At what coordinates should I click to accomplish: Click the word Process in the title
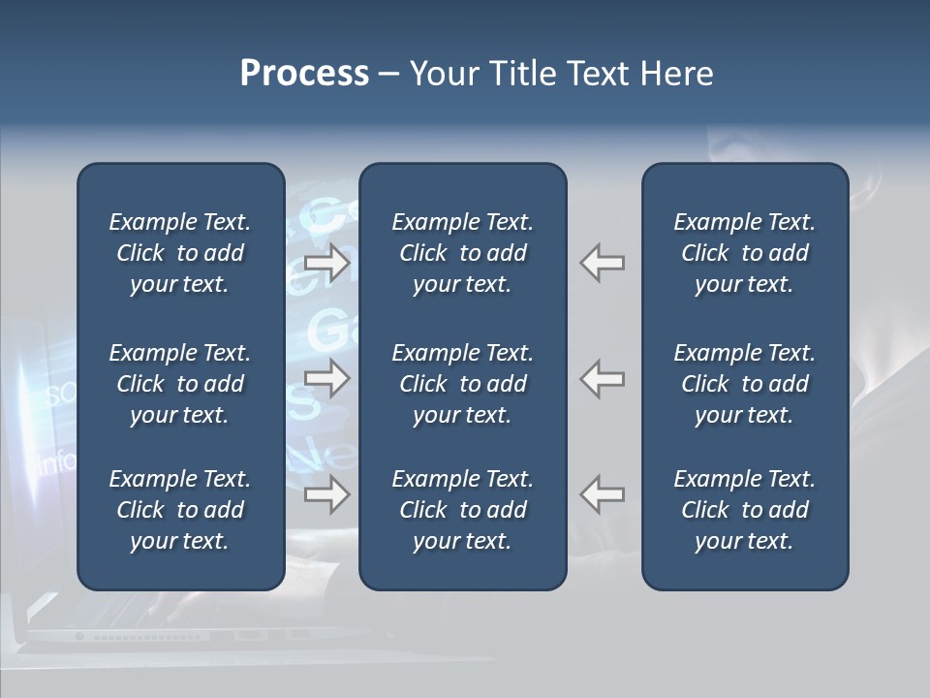click(304, 74)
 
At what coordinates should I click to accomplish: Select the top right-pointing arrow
click(327, 263)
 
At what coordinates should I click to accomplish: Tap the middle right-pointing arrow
click(327, 378)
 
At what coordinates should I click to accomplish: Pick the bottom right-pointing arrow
click(327, 494)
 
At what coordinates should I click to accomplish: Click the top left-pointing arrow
click(603, 263)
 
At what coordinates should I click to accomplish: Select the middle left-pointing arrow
click(603, 378)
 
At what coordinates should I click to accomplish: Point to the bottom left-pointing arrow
click(603, 494)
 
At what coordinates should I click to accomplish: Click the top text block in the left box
click(180, 253)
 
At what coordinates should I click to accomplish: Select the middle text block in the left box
click(180, 384)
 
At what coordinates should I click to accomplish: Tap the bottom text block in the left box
click(180, 510)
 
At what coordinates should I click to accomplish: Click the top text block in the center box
click(463, 253)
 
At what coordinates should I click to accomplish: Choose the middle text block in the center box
click(463, 384)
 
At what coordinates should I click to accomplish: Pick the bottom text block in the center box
click(463, 510)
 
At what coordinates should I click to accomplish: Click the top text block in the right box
click(745, 253)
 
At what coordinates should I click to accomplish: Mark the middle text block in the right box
click(745, 384)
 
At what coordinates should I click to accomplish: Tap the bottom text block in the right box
click(745, 510)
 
